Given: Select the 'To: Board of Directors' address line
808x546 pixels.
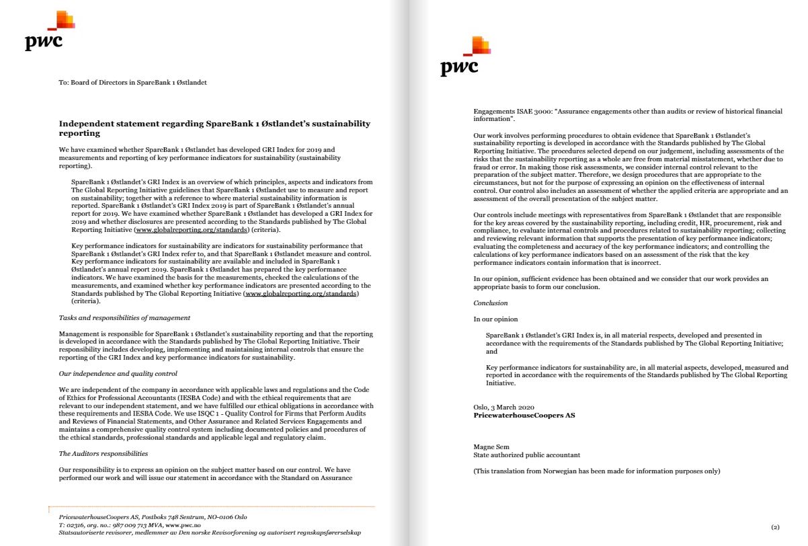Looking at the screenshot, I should pos(132,82).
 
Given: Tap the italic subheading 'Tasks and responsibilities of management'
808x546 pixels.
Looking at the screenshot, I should pos(124,317).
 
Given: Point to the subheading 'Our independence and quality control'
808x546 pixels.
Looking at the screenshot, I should pos(118,373).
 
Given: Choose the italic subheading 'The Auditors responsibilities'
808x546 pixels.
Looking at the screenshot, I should pos(103,453).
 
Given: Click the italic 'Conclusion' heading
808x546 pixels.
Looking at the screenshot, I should pos(491,303).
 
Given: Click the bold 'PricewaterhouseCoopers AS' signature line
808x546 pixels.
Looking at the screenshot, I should pos(524,416).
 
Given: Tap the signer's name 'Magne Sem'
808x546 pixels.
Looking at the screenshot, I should pos(491,446).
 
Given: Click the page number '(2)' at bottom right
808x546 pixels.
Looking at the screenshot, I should pos(774,526).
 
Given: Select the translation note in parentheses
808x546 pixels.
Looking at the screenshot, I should pos(597,471).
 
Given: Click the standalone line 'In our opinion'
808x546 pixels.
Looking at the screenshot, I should pos(495,319).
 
